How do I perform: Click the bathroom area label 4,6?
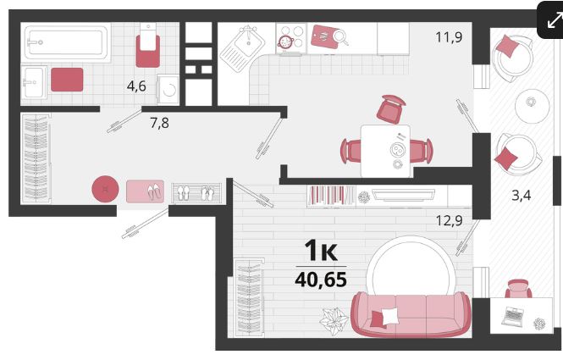click(136, 86)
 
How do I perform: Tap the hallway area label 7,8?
click(159, 123)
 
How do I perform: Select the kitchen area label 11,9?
click(449, 37)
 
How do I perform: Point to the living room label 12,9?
click(449, 220)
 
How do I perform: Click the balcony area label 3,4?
click(521, 196)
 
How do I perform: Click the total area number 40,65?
click(321, 280)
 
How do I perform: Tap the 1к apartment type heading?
click(321, 251)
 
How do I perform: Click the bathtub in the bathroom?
click(67, 42)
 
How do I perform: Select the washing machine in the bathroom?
click(168, 90)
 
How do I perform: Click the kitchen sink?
click(242, 47)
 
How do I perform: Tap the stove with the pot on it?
click(291, 38)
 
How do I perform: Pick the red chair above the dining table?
click(390, 108)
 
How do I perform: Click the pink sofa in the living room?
click(411, 314)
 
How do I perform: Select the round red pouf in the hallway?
click(105, 189)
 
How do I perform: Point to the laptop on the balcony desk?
click(512, 316)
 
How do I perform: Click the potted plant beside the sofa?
click(334, 320)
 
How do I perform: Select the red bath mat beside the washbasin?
click(67, 80)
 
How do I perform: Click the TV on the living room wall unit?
click(404, 195)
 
